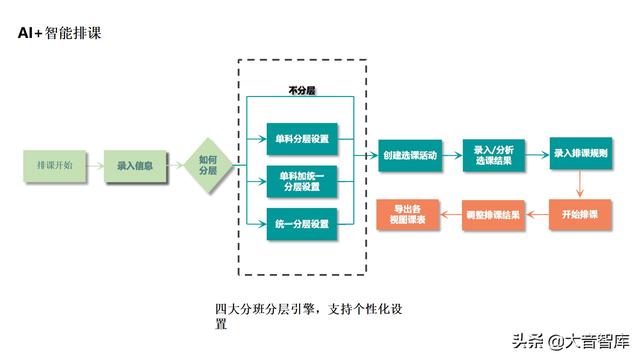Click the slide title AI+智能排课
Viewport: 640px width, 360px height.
(58, 33)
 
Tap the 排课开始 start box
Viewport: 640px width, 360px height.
(54, 165)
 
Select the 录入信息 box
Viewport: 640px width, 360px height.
(134, 165)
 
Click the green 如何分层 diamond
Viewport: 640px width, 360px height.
(208, 165)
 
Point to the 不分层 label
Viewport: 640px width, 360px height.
(301, 90)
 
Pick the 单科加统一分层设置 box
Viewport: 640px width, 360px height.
(301, 181)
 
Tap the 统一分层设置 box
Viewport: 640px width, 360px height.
(301, 223)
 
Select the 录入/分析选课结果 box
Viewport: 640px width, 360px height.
(493, 155)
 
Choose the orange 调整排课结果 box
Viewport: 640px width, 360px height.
(493, 214)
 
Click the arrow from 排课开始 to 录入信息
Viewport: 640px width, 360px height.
(95, 165)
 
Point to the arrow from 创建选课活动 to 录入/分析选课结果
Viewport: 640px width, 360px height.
(449, 155)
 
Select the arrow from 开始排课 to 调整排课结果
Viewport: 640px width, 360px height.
(538, 214)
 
